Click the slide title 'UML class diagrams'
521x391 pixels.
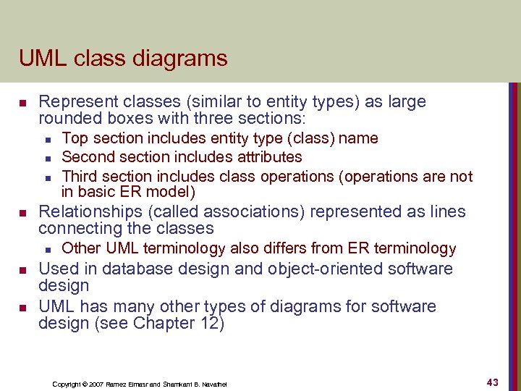[123, 58]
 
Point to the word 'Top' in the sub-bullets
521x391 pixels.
[74, 138]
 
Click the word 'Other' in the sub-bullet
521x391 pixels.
[80, 248]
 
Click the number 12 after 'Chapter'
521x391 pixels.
[207, 323]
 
